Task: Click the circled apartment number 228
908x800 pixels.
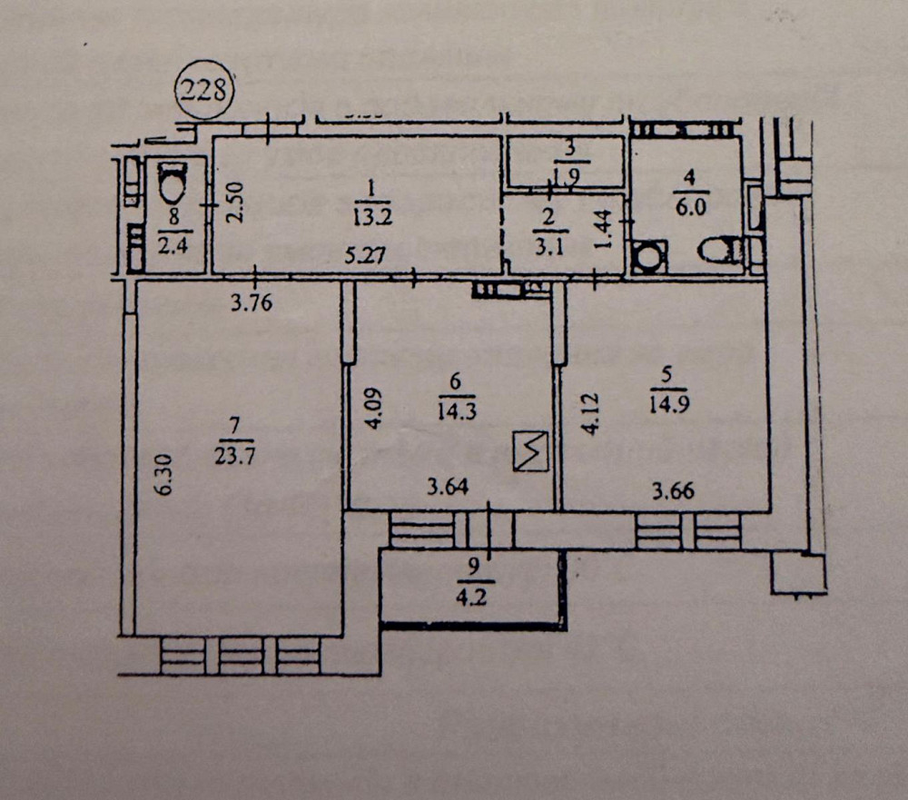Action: (205, 91)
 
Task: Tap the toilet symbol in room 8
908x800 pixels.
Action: (170, 184)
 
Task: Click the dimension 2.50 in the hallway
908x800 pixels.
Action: (233, 204)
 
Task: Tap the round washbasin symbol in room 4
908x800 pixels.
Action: (649, 256)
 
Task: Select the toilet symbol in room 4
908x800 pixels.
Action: (724, 251)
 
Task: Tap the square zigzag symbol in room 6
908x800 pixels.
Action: (531, 450)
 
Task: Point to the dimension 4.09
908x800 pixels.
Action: (375, 411)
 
